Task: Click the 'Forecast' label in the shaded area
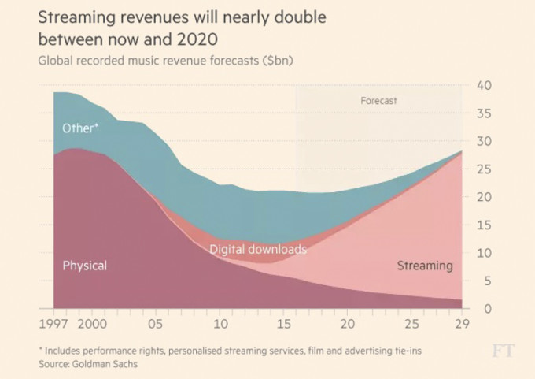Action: [x=378, y=101]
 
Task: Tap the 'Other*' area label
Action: [x=80, y=128]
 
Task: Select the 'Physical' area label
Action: [x=84, y=266]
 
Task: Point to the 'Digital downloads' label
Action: [x=257, y=250]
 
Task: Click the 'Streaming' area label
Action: [x=424, y=266]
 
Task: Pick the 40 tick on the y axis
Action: [x=485, y=85]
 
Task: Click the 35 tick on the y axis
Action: [x=485, y=113]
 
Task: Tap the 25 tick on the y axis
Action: [x=485, y=169]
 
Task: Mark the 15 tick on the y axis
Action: [x=485, y=225]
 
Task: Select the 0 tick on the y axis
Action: [x=488, y=308]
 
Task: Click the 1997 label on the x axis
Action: [x=54, y=324]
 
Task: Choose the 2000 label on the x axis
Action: [x=92, y=324]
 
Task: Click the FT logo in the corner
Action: [x=503, y=351]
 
